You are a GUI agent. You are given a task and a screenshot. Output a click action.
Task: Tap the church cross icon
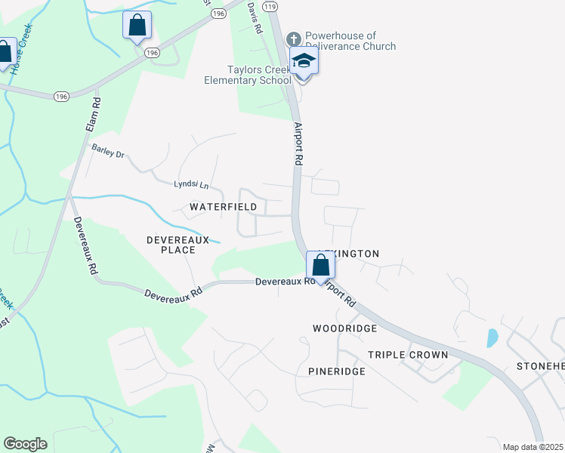point(293,37)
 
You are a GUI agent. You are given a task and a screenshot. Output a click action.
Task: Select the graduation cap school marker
point(303,61)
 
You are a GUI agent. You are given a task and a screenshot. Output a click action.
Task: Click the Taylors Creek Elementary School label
point(248,75)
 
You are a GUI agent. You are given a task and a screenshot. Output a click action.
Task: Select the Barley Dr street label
point(107,151)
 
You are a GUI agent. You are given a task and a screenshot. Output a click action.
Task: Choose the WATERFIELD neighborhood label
point(223,206)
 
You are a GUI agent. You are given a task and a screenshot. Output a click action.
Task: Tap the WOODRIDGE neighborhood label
point(344,328)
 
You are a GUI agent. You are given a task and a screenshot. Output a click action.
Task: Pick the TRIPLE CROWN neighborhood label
point(408,355)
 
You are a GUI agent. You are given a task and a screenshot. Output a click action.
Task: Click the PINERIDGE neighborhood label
point(337,371)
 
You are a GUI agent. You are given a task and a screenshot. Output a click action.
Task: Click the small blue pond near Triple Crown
point(492,337)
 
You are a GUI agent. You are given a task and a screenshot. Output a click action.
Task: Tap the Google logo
point(25,444)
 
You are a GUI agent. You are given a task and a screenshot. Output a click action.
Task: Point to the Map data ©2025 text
point(533,447)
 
